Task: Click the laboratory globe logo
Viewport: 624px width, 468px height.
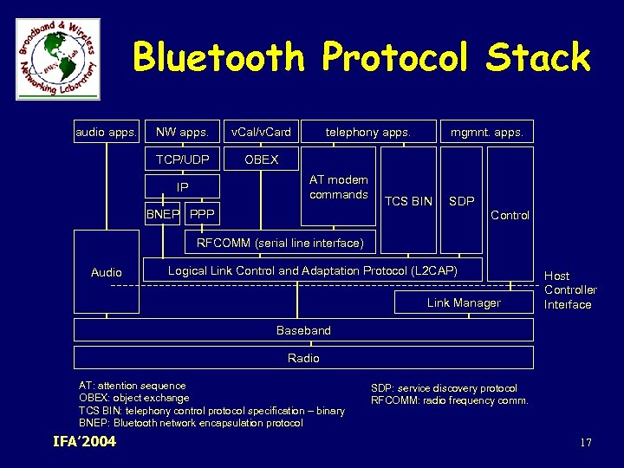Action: click(58, 58)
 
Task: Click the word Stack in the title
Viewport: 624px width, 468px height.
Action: click(537, 59)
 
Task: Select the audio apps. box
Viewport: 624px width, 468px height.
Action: click(107, 133)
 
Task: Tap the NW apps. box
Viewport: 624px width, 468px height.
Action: click(182, 133)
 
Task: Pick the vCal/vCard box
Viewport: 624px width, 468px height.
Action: click(261, 133)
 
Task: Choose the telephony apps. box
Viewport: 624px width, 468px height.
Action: click(367, 133)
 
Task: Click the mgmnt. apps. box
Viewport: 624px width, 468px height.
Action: click(486, 133)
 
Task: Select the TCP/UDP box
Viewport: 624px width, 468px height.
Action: click(182, 159)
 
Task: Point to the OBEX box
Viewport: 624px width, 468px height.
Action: click(261, 159)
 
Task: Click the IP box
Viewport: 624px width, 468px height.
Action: click(182, 187)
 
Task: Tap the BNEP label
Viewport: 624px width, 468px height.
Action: click(164, 214)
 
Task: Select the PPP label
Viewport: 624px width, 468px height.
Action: click(202, 214)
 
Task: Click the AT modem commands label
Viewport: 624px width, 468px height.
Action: click(339, 187)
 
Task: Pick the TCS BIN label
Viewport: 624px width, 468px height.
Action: click(408, 201)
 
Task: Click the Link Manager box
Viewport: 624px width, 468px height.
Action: click(464, 302)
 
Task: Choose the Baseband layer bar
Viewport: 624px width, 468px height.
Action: click(303, 330)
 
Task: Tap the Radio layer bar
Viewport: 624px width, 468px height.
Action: click(303, 358)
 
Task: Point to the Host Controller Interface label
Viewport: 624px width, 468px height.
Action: click(569, 289)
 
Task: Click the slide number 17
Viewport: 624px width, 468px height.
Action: click(586, 443)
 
